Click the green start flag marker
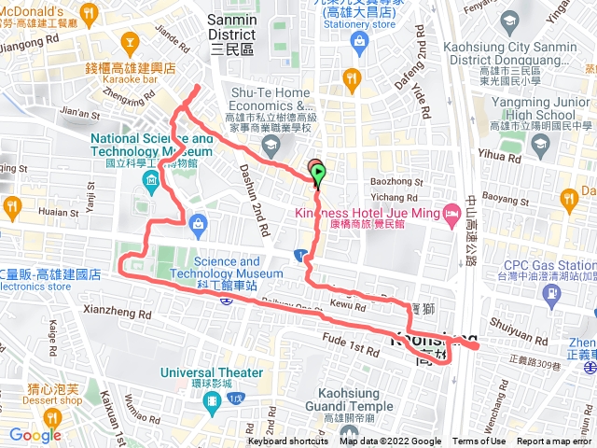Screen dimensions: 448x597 319,173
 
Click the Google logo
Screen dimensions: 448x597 35,435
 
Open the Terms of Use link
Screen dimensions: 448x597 479,441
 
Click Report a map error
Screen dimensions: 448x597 556,441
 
